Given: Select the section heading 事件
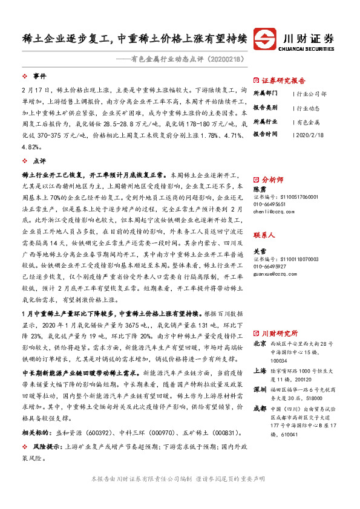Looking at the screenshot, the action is [x=39, y=77].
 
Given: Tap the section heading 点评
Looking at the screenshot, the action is [x=39, y=161].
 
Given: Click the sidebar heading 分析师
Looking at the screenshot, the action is [x=273, y=180].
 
